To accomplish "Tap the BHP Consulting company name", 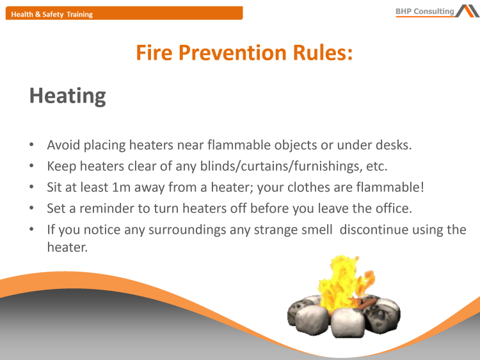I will pyautogui.click(x=425, y=11).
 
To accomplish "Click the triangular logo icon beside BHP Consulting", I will pyautogui.click(x=467, y=10).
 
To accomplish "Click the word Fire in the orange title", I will pyautogui.click(x=154, y=53).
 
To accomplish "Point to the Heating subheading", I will pyautogui.click(x=68, y=95).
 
